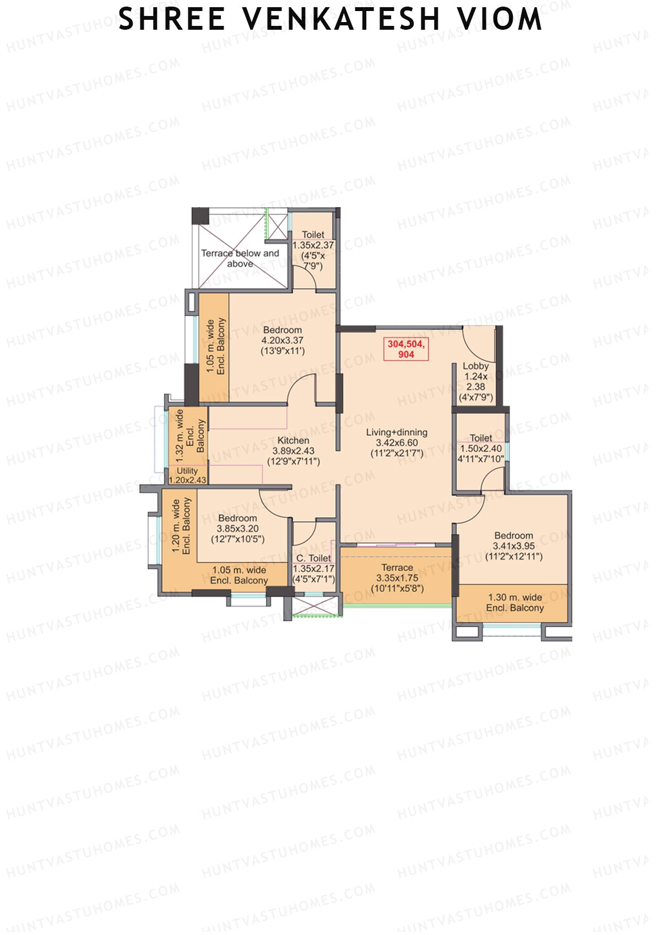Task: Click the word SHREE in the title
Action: point(172,19)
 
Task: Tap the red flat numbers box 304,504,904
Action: point(406,349)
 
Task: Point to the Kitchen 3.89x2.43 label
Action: point(293,451)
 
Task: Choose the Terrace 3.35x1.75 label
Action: point(397,577)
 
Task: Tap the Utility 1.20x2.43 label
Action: point(187,475)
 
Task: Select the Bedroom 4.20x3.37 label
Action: point(283,340)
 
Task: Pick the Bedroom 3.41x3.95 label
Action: point(513,545)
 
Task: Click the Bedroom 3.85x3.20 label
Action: point(237,528)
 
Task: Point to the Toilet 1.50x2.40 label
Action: point(481,448)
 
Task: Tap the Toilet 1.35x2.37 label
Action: point(313,250)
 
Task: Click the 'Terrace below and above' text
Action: point(240,258)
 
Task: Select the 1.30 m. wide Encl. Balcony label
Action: point(514,602)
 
